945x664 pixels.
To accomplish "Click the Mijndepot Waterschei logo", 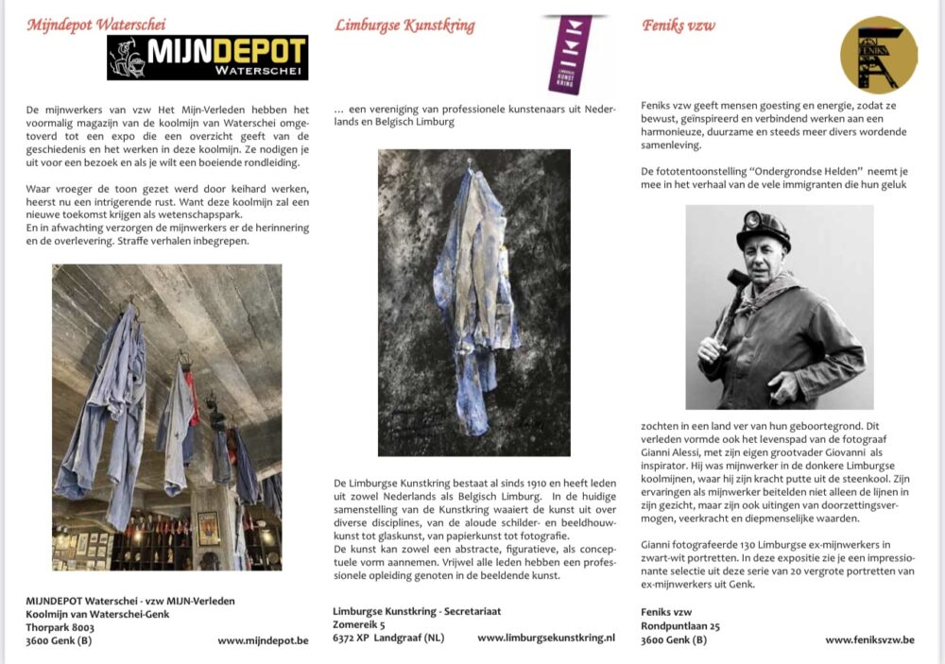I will [207, 58].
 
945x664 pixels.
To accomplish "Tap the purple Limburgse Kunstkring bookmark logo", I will [570, 53].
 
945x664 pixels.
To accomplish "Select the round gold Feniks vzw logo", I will [879, 55].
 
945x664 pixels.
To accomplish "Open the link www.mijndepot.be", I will [263, 640].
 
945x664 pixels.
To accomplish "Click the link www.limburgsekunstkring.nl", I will [545, 638].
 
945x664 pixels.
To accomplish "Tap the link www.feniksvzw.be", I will [869, 639].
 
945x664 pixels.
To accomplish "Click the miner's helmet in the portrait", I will [763, 228].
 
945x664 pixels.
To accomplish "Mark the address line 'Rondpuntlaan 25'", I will [680, 625].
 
